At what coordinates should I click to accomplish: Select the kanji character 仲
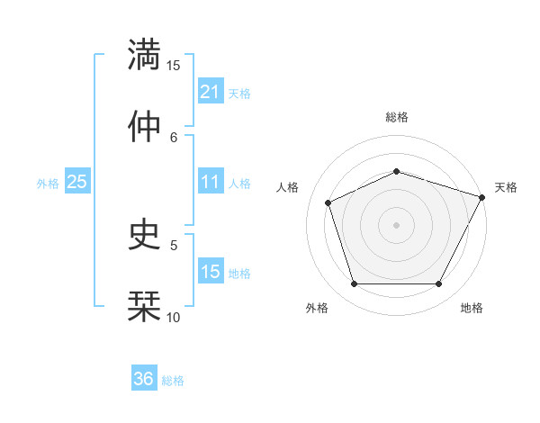pyautogui.click(x=144, y=126)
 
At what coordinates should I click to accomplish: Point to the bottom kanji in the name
pyautogui.click(x=144, y=305)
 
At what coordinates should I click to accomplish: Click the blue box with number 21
pyautogui.click(x=210, y=92)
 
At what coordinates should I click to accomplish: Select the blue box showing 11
pyautogui.click(x=210, y=182)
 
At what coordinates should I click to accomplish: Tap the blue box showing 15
pyautogui.click(x=210, y=272)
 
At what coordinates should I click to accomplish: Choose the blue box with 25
pyautogui.click(x=76, y=182)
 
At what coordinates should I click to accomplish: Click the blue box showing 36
pyautogui.click(x=143, y=379)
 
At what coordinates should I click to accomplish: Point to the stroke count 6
pyautogui.click(x=175, y=137)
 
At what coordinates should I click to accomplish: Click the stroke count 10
pyautogui.click(x=174, y=317)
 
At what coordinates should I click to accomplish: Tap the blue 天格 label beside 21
pyautogui.click(x=239, y=93)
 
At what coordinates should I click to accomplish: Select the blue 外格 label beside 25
pyautogui.click(x=48, y=183)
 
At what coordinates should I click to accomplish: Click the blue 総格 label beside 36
pyautogui.click(x=173, y=380)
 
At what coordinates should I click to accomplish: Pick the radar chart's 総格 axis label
pyautogui.click(x=396, y=117)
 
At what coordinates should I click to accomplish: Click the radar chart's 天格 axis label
pyautogui.click(x=506, y=187)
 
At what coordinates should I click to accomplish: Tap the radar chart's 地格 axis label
pyautogui.click(x=472, y=308)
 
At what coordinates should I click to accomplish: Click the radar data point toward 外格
pyautogui.click(x=354, y=284)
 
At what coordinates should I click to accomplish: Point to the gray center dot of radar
pyautogui.click(x=396, y=224)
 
